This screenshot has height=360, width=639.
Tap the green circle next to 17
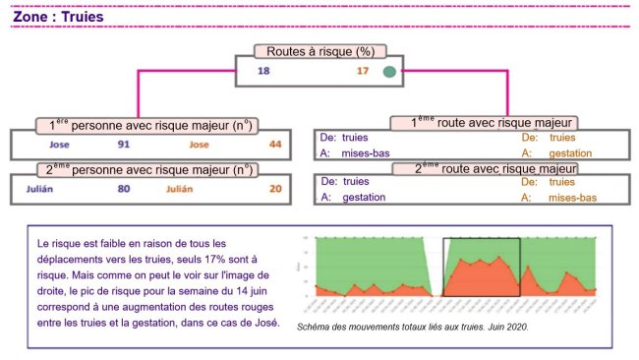(x=390, y=72)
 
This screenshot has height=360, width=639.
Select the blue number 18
(x=263, y=72)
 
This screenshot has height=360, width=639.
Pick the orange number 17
(x=363, y=72)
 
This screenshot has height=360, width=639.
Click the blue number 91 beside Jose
(x=124, y=145)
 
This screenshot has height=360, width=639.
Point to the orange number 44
(x=275, y=145)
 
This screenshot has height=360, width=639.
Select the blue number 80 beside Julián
(x=124, y=189)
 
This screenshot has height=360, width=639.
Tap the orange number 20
(x=275, y=189)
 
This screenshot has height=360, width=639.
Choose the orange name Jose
(x=200, y=145)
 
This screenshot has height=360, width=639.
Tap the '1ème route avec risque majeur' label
(x=483, y=123)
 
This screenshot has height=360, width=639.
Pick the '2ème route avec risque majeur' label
(x=483, y=168)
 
